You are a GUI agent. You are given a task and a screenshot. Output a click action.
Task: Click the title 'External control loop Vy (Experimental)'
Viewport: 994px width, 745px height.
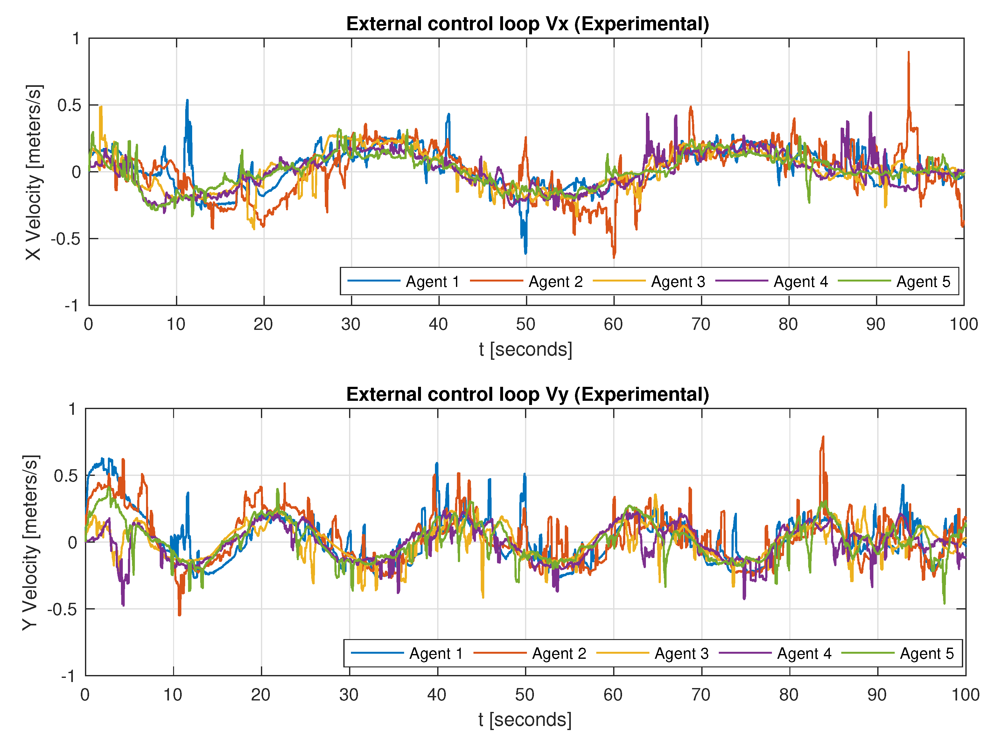527,394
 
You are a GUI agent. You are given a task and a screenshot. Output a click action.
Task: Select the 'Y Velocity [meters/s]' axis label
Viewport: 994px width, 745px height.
31,542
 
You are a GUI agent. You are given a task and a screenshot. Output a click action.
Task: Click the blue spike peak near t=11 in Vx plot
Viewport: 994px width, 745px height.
187,101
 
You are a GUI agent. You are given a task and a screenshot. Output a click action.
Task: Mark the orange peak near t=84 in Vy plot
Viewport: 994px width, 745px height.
823,437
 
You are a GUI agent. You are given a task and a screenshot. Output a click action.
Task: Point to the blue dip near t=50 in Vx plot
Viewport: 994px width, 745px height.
525,253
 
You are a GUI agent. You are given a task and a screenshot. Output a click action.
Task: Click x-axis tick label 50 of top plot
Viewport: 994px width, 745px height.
525,324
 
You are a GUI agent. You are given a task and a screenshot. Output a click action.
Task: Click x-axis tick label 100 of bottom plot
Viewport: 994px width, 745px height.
965,695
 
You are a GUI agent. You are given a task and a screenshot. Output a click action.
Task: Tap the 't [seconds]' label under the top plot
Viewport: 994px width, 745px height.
525,349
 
